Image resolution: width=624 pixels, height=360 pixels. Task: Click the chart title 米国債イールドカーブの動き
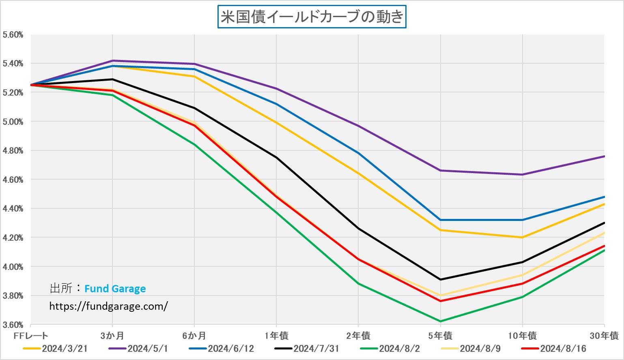click(312, 17)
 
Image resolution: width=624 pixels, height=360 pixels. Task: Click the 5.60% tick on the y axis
click(13, 35)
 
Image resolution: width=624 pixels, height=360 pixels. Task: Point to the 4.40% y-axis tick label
click(13, 209)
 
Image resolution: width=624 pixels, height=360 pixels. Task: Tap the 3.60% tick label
click(13, 325)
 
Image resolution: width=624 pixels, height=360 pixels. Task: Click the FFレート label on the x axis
click(31, 336)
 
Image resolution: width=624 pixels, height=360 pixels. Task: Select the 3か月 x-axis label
click(112, 336)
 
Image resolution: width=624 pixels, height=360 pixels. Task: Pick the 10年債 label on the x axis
click(523, 336)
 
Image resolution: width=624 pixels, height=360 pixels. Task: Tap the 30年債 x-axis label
click(604, 336)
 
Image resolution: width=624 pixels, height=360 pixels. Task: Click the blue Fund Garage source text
click(115, 289)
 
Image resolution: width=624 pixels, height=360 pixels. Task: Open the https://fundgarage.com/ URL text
click(108, 306)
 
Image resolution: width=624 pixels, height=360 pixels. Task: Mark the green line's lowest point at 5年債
click(441, 321)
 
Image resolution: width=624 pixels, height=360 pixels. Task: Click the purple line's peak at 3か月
click(112, 61)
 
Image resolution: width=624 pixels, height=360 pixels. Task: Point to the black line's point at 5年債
click(441, 279)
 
